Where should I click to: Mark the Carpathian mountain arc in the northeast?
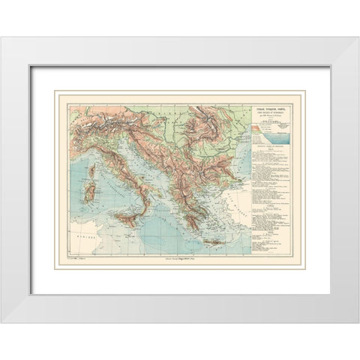click(x=202, y=105)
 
